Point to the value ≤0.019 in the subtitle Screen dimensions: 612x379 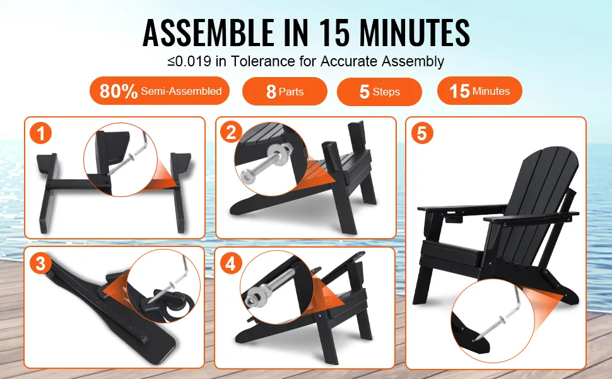pos(189,61)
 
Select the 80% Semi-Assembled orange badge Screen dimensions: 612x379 pos(160,91)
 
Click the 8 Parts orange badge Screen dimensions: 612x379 pos(285,92)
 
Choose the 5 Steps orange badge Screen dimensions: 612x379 pos(379,92)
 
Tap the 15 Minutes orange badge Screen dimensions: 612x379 pos(480,91)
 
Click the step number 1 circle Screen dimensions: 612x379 pos(40,133)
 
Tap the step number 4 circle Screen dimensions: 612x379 pos(231,263)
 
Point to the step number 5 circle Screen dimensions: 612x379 pos(422,133)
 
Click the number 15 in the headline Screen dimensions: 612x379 pos(334,33)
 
